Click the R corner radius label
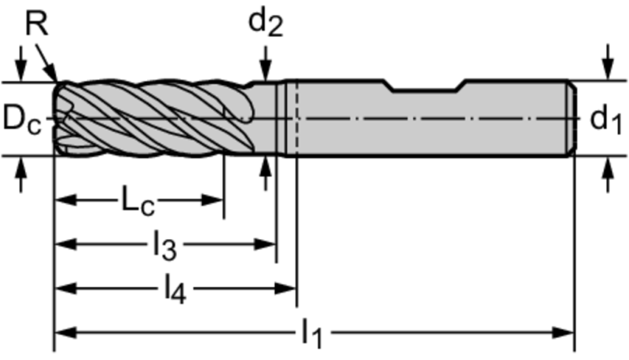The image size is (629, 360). [x=36, y=24]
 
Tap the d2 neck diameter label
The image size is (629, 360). [x=266, y=23]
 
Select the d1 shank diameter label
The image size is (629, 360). [x=605, y=120]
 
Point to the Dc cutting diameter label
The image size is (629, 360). [x=22, y=119]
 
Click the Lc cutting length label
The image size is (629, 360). [x=138, y=200]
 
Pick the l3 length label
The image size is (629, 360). [x=165, y=246]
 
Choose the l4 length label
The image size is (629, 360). [x=175, y=290]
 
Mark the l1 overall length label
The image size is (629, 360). [x=312, y=333]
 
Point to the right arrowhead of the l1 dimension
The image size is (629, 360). [x=563, y=332]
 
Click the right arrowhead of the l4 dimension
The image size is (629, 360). [x=285, y=288]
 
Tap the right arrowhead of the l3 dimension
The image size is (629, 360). [x=265, y=244]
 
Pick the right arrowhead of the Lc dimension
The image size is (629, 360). [x=212, y=200]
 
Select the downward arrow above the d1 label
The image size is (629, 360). [x=609, y=62]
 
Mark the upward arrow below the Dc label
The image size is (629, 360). [x=21, y=174]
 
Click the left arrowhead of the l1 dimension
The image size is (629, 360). [x=65, y=332]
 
